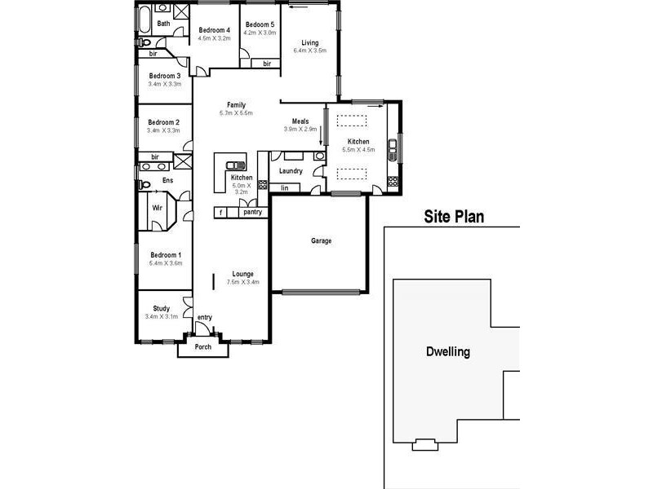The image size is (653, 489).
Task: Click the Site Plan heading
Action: tap(454, 217)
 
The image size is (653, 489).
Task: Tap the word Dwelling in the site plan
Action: tap(448, 353)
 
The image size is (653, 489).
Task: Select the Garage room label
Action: tap(321, 240)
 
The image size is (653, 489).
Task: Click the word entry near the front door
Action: tap(204, 317)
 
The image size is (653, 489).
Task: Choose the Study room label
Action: tap(162, 308)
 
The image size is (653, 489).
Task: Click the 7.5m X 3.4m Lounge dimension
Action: tap(242, 282)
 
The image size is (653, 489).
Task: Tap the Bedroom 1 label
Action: tap(165, 255)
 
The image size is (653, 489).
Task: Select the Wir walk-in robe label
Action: tap(157, 208)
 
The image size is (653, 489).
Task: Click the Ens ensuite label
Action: tap(167, 180)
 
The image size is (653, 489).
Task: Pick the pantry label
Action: tap(252, 212)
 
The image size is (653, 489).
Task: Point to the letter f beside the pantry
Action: tap(220, 212)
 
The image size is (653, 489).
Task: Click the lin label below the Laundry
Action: tap(285, 188)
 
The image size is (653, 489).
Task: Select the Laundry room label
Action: tap(291, 171)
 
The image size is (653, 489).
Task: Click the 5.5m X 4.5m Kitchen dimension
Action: tap(358, 150)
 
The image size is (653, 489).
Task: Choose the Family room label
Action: tap(236, 104)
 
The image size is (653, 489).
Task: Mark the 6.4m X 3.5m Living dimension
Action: tap(309, 51)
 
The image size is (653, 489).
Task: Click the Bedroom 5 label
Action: tap(260, 24)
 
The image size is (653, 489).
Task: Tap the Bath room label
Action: tap(164, 24)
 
